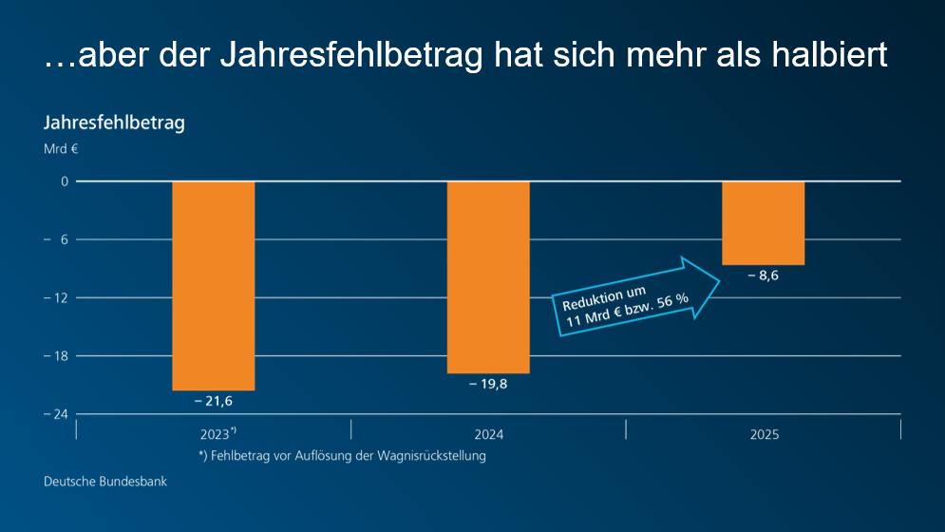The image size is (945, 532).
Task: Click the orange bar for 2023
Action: (x=213, y=285)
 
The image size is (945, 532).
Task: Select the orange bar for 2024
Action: (x=488, y=276)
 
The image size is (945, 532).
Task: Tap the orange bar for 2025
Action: (x=763, y=222)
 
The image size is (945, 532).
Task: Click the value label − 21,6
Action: (x=213, y=402)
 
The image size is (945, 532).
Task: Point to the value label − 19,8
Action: (x=488, y=385)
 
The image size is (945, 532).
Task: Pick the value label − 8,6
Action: (x=763, y=276)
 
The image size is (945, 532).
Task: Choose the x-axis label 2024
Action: (x=488, y=435)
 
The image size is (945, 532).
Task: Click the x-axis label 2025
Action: (x=764, y=435)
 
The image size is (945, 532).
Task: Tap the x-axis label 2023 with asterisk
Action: (x=217, y=435)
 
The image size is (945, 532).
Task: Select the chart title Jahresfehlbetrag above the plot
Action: (x=113, y=123)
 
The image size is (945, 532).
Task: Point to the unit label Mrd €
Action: (x=60, y=149)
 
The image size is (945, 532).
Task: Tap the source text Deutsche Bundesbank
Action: (x=104, y=482)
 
